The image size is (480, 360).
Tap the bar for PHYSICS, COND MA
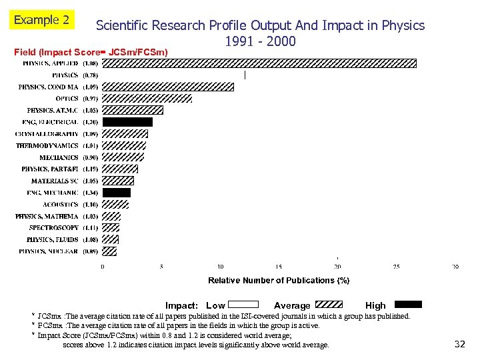click(168, 87)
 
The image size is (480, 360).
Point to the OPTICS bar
click(147, 99)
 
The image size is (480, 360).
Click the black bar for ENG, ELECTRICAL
click(127, 122)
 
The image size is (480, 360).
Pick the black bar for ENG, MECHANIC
click(117, 193)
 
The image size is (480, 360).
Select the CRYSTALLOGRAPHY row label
click(47, 134)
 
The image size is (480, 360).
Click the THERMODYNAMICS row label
click(47, 145)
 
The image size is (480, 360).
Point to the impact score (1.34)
click(90, 193)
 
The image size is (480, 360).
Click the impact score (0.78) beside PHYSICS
click(90, 75)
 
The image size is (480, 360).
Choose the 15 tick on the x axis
click(279, 267)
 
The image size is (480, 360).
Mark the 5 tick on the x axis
click(161, 267)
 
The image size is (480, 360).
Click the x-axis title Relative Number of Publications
click(279, 281)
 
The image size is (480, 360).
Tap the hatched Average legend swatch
click(327, 305)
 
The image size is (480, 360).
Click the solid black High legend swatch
click(406, 305)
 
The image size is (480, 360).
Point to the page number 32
click(459, 344)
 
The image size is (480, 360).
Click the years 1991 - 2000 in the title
click(260, 42)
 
